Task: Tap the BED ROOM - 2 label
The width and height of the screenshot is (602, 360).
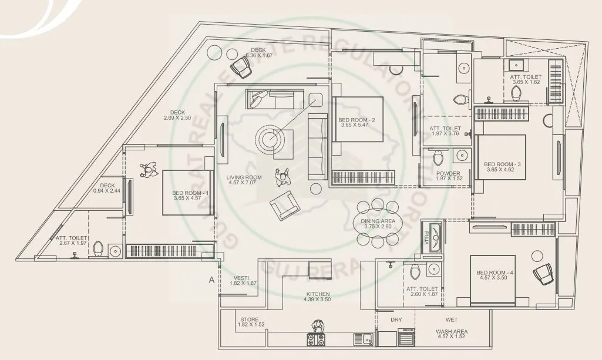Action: pyautogui.click(x=357, y=120)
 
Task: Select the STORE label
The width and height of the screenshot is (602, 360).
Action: pyautogui.click(x=250, y=319)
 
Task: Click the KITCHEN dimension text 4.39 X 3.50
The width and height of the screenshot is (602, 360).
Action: pyautogui.click(x=317, y=300)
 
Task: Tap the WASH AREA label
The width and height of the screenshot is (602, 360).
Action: pyautogui.click(x=452, y=331)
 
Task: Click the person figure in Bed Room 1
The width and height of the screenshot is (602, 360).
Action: pyautogui.click(x=147, y=170)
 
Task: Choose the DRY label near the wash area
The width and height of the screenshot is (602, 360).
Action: pyautogui.click(x=396, y=319)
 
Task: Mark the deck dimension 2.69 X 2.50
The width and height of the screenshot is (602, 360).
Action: pyautogui.click(x=178, y=119)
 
